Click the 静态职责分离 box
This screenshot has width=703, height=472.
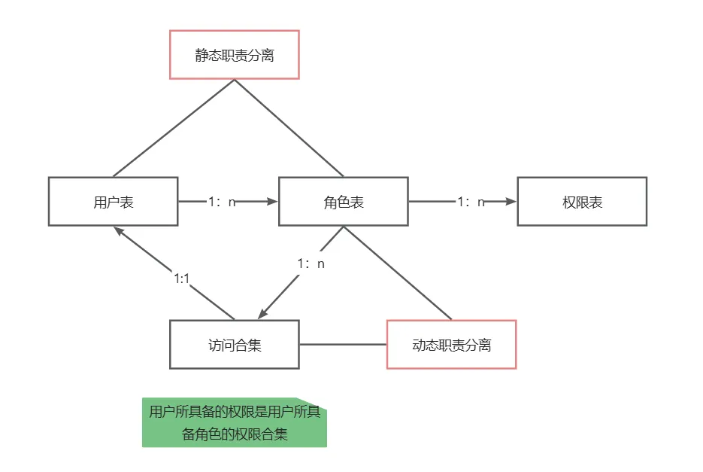pyautogui.click(x=235, y=55)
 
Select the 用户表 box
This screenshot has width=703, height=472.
pyautogui.click(x=113, y=202)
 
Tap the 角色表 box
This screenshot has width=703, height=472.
pyautogui.click(x=343, y=202)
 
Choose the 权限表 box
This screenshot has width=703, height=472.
pyautogui.click(x=582, y=202)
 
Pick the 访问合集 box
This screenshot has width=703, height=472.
pyautogui.click(x=235, y=345)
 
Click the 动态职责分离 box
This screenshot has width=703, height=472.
pyautogui.click(x=451, y=345)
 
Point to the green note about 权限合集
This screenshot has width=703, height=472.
pyautogui.click(x=235, y=423)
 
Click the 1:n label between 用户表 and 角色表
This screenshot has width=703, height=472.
pyautogui.click(x=222, y=202)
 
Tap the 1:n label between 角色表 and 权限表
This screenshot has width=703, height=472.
pyautogui.click(x=471, y=202)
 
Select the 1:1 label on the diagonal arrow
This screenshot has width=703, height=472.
pyautogui.click(x=181, y=279)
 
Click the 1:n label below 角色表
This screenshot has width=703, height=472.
pyautogui.click(x=311, y=263)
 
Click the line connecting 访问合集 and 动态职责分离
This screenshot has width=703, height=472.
pyautogui.click(x=343, y=345)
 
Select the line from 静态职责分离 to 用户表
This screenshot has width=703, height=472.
pyautogui.click(x=173, y=128)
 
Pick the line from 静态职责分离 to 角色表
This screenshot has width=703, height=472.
pyautogui.click(x=289, y=128)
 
